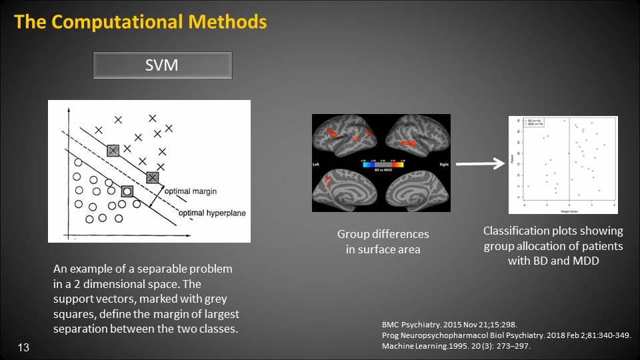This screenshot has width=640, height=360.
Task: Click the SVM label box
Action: click(162, 65)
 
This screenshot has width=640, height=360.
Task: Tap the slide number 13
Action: click(24, 347)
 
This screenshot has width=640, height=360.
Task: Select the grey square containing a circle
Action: click(127, 191)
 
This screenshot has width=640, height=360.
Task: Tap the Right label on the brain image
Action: click(443, 164)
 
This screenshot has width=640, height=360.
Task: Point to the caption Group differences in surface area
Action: click(383, 242)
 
